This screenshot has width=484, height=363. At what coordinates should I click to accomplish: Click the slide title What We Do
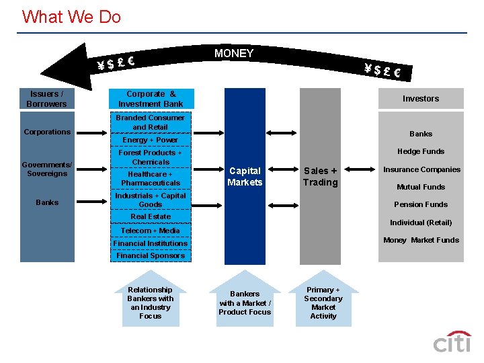(x=71, y=17)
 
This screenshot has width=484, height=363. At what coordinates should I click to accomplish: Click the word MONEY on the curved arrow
(x=234, y=53)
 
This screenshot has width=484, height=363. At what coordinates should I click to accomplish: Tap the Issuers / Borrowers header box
(x=46, y=99)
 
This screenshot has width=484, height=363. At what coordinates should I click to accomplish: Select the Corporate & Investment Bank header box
(x=151, y=99)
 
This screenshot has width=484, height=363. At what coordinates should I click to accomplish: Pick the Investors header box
(x=420, y=99)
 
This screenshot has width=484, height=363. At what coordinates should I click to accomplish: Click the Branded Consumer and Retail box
(x=150, y=122)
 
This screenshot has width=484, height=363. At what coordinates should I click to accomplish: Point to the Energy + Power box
(x=150, y=140)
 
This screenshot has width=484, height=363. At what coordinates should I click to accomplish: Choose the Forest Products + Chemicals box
(x=150, y=157)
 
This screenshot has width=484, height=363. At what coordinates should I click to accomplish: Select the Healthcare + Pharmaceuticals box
(x=150, y=178)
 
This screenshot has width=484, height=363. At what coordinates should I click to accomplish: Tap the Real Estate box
(x=150, y=216)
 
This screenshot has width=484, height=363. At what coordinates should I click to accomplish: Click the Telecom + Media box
(x=150, y=231)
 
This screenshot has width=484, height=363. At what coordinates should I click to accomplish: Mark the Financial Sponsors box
(x=150, y=255)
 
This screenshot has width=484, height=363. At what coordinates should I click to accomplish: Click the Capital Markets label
(x=245, y=177)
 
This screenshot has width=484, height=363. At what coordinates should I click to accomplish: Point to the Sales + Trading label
(x=320, y=177)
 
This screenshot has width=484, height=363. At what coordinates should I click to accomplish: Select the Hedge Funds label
(x=421, y=151)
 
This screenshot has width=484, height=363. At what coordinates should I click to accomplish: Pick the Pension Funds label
(x=421, y=204)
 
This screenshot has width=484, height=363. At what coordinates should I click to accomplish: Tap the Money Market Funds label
(x=421, y=240)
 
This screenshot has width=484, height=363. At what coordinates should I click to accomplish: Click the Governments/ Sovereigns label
(x=46, y=169)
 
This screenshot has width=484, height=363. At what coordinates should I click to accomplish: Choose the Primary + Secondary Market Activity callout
(x=323, y=303)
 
